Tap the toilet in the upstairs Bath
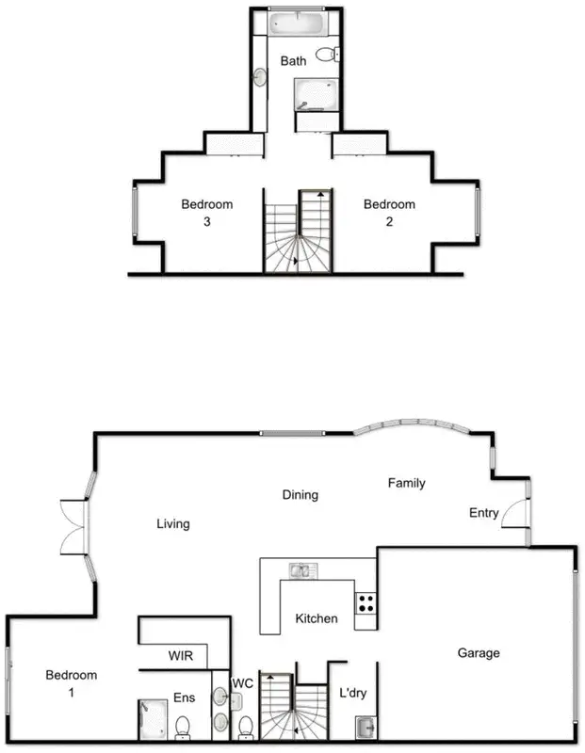coord(327,55)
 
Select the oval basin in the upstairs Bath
coord(259,76)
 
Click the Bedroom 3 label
coord(206,213)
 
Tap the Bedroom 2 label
coord(389,213)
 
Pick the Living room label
coord(173,524)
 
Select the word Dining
coord(300,494)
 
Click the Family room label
coord(407,483)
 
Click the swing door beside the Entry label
coord(513,512)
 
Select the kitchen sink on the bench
coord(302,569)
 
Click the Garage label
coord(479,653)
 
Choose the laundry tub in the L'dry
coord(366,727)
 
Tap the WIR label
coord(182,655)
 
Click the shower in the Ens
coord(153,718)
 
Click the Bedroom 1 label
coord(71,683)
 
